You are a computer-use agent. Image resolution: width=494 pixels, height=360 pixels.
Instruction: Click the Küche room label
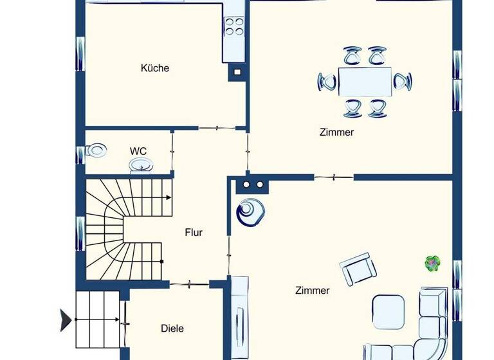click(x=155, y=67)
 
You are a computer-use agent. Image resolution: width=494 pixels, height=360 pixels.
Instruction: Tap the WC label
click(x=138, y=151)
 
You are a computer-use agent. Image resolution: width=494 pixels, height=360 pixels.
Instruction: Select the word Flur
click(x=194, y=232)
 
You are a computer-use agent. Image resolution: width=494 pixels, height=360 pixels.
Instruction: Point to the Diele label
click(x=172, y=328)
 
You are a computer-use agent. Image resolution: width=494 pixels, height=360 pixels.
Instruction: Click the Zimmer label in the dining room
click(x=336, y=132)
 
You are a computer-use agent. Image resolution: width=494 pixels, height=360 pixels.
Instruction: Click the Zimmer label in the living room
click(x=312, y=290)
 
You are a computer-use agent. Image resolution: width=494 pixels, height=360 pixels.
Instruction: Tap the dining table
click(x=365, y=82)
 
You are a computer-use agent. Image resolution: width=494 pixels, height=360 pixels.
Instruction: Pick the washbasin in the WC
click(x=141, y=166)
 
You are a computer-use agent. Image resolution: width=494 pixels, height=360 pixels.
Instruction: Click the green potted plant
click(x=433, y=262)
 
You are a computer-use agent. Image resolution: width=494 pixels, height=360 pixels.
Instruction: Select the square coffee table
click(x=389, y=311)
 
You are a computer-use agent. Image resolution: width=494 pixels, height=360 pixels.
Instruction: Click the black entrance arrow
click(x=66, y=320)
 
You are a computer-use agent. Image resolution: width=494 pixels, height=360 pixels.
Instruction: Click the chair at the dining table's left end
click(x=327, y=82)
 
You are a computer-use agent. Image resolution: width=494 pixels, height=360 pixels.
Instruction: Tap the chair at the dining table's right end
click(x=403, y=82)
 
